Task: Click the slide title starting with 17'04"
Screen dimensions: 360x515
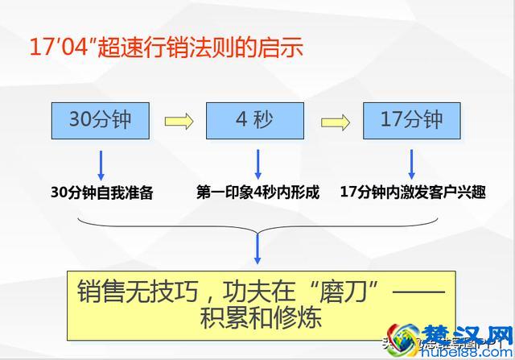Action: point(166,46)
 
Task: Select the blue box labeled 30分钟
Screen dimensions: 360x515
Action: point(99,121)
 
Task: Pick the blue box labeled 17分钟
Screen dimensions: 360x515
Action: point(411,121)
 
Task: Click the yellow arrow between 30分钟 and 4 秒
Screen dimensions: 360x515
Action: point(179,122)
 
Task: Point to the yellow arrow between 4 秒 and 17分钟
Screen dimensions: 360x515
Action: point(335,122)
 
